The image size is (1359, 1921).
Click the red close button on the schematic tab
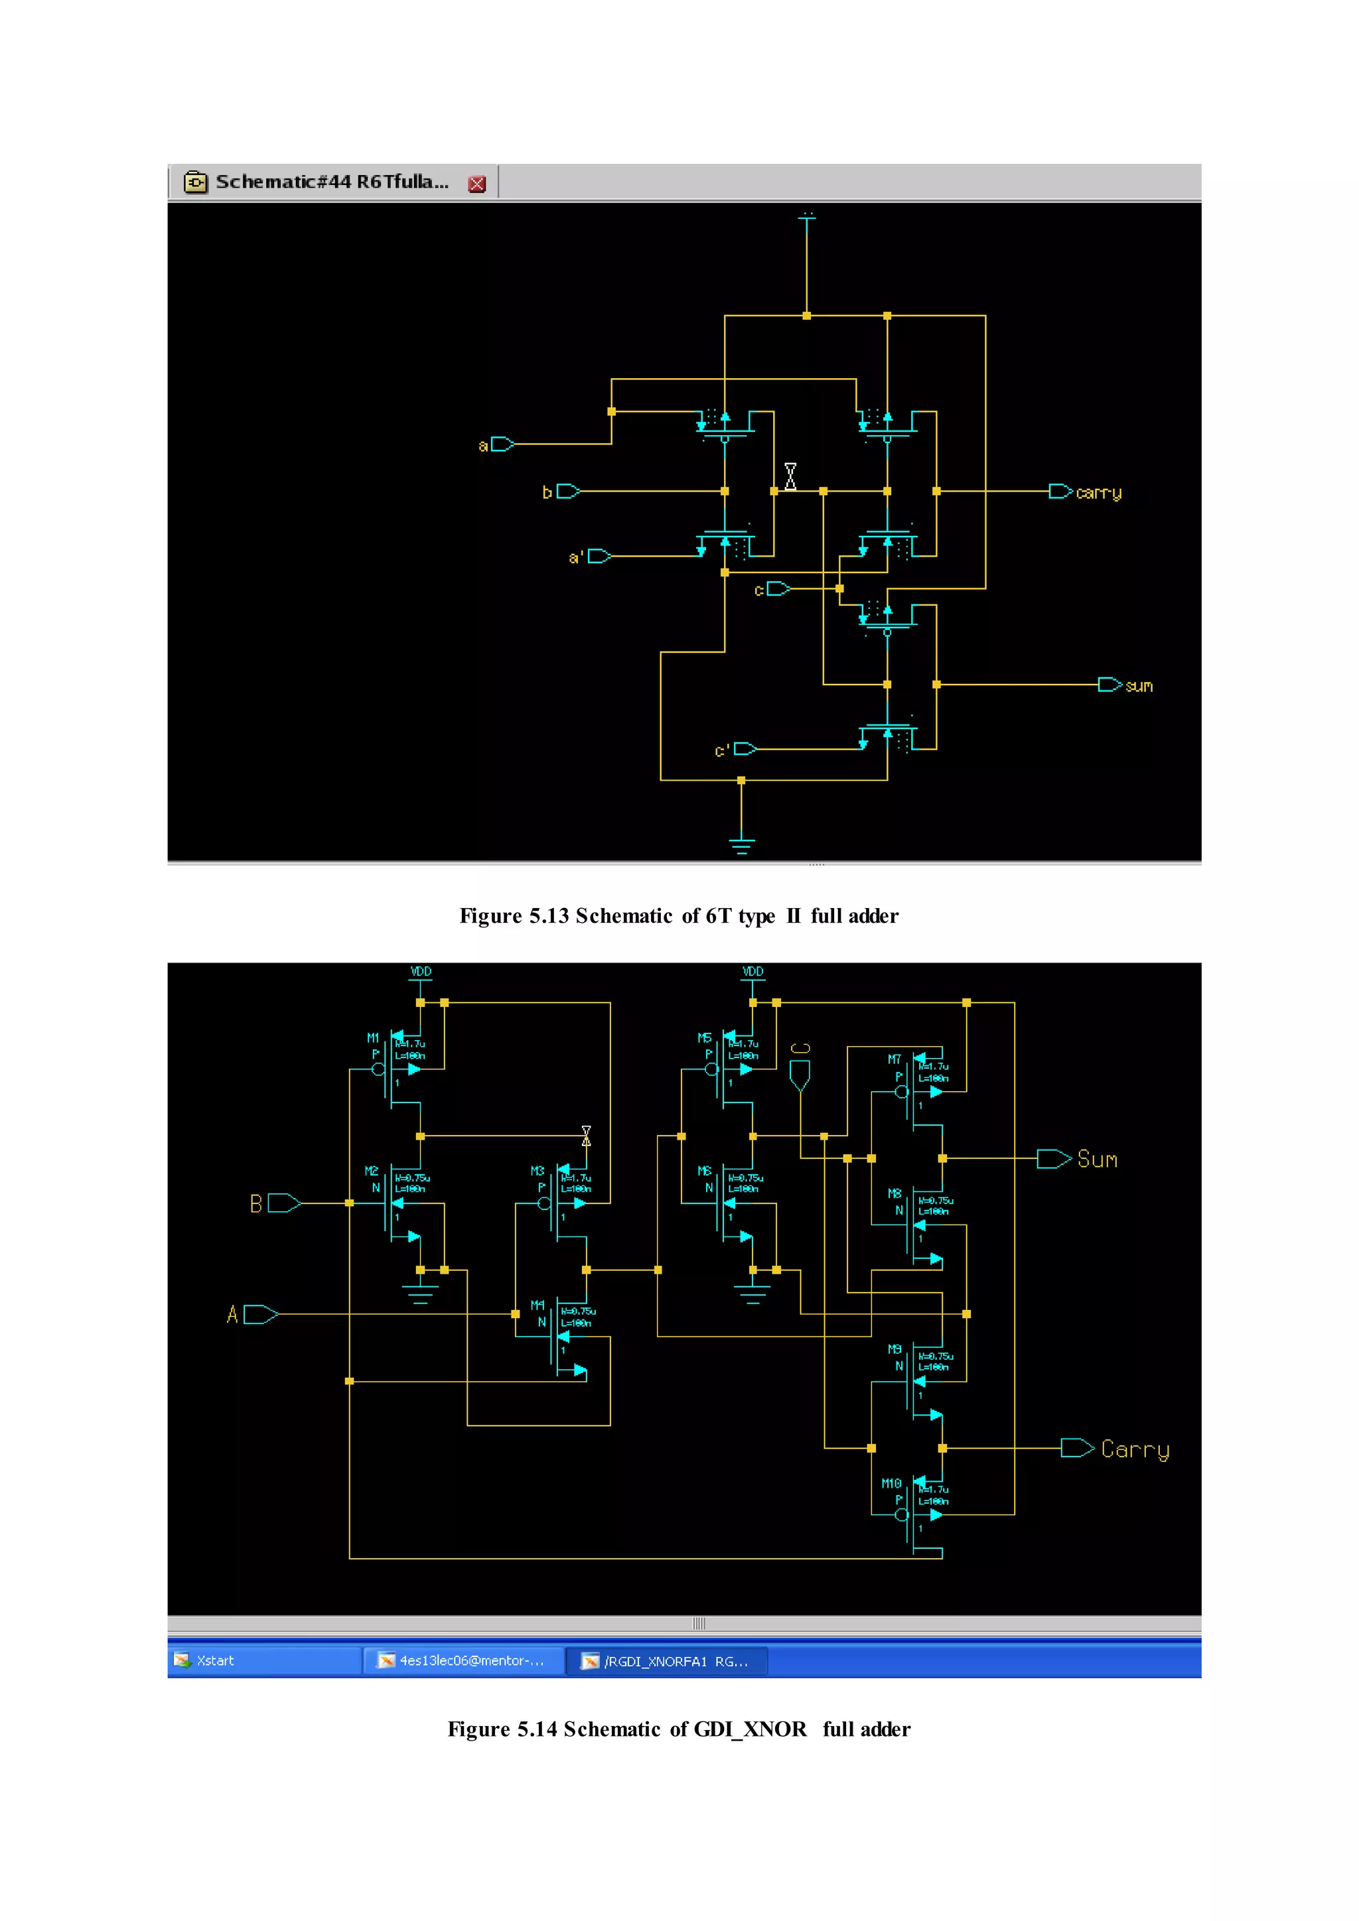pyautogui.click(x=477, y=184)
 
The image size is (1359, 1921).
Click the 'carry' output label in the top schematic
pyautogui.click(x=1098, y=493)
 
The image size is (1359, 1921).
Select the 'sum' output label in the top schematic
pyautogui.click(x=1138, y=686)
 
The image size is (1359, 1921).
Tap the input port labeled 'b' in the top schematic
pyautogui.click(x=567, y=491)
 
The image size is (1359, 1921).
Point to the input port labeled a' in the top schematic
pyautogui.click(x=599, y=557)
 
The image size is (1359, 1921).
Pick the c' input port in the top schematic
pyautogui.click(x=745, y=749)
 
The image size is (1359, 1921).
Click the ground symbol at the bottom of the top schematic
pyautogui.click(x=741, y=843)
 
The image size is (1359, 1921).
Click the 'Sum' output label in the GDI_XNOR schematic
pyautogui.click(x=1097, y=1159)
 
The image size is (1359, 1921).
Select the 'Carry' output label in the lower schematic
pyautogui.click(x=1135, y=1449)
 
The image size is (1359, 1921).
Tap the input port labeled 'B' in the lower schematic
pyautogui.click(x=283, y=1203)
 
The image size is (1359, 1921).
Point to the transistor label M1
pyautogui.click(x=373, y=1037)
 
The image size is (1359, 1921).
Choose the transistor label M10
pyautogui.click(x=891, y=1483)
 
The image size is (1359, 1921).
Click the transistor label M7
pyautogui.click(x=894, y=1059)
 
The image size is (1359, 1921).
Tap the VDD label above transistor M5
pyautogui.click(x=753, y=971)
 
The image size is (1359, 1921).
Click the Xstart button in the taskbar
pyautogui.click(x=215, y=1661)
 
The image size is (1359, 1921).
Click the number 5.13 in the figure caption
pyautogui.click(x=549, y=916)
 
